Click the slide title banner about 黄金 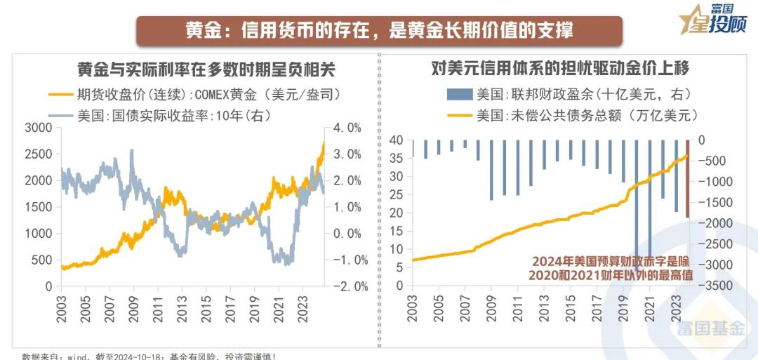coord(379,31)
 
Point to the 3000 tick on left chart coord(39,128)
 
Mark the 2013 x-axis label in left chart coord(182,307)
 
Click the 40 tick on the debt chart coord(397,140)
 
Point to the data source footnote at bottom coord(147,356)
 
